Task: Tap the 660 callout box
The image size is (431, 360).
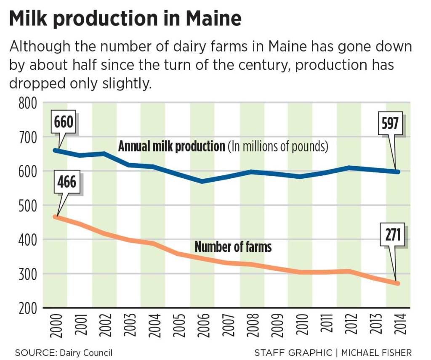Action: [x=64, y=122]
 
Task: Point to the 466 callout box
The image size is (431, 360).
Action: [x=67, y=182]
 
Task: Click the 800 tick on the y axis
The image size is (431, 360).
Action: [x=28, y=103]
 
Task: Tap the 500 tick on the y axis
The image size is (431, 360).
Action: [x=28, y=206]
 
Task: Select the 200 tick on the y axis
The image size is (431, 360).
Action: [x=28, y=308]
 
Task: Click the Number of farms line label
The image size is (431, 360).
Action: [x=233, y=246]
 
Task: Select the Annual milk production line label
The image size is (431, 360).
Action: [x=172, y=146]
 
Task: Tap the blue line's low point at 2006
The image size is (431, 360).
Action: [x=202, y=181]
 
